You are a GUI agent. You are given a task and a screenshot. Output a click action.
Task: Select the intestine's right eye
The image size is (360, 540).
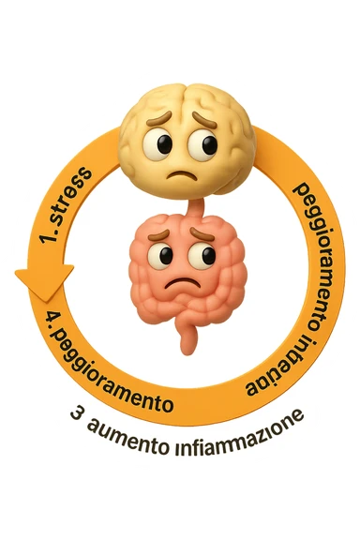(x=201, y=255)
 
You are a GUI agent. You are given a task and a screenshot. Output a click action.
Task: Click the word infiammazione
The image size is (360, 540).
(x=240, y=430)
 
